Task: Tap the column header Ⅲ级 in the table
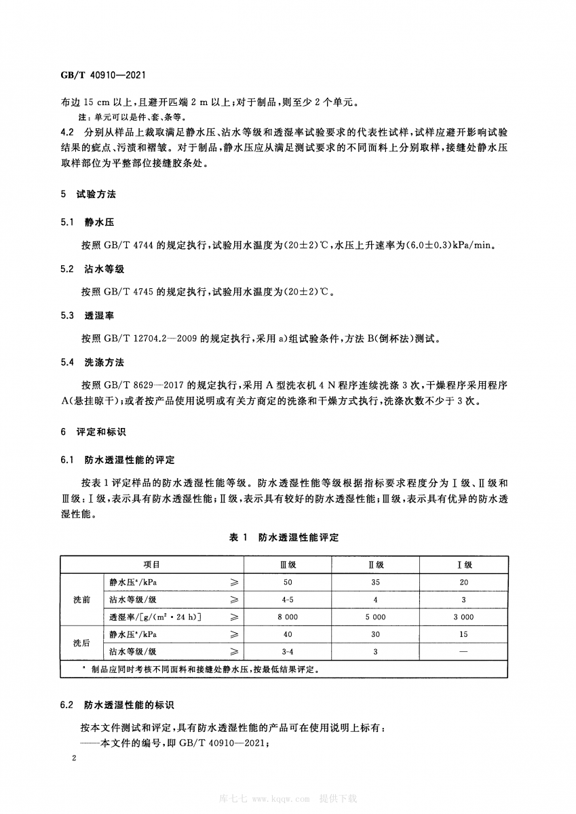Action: (x=288, y=564)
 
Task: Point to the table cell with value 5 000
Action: (x=376, y=617)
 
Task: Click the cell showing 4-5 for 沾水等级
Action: (x=288, y=600)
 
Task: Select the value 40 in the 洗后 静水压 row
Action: (x=288, y=635)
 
